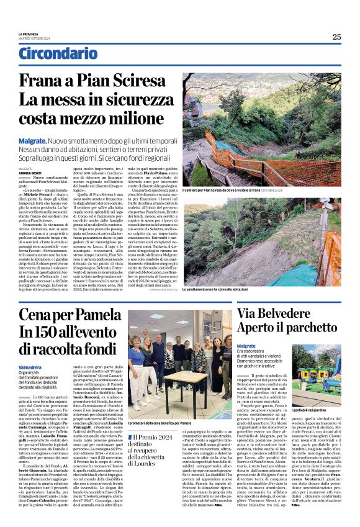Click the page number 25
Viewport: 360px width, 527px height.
click(x=336, y=37)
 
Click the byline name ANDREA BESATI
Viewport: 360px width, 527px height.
click(x=29, y=173)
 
